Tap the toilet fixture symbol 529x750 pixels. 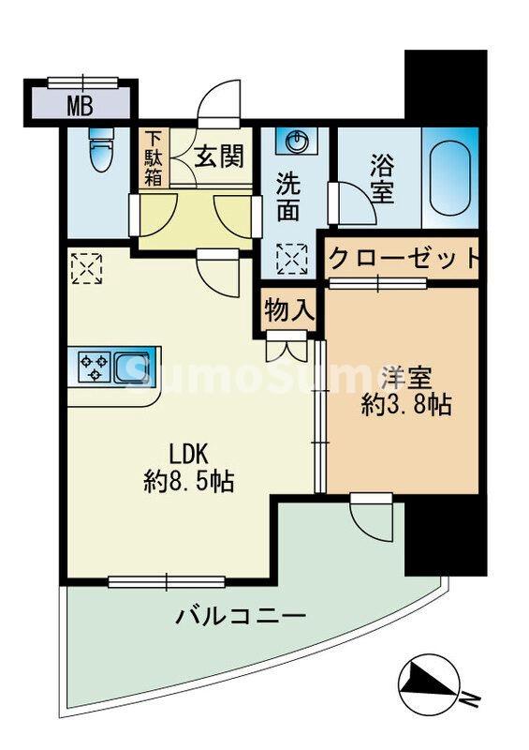pos(97,150)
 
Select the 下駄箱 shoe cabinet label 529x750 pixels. pos(153,158)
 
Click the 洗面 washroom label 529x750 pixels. pos(288,198)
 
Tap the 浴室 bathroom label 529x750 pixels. pos(382,181)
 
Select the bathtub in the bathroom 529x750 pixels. pos(449,178)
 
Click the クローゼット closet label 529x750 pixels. pos(404,259)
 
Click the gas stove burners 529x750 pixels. pos(95,367)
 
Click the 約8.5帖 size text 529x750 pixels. pos(188,482)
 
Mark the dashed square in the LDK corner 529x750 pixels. pos(85,267)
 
